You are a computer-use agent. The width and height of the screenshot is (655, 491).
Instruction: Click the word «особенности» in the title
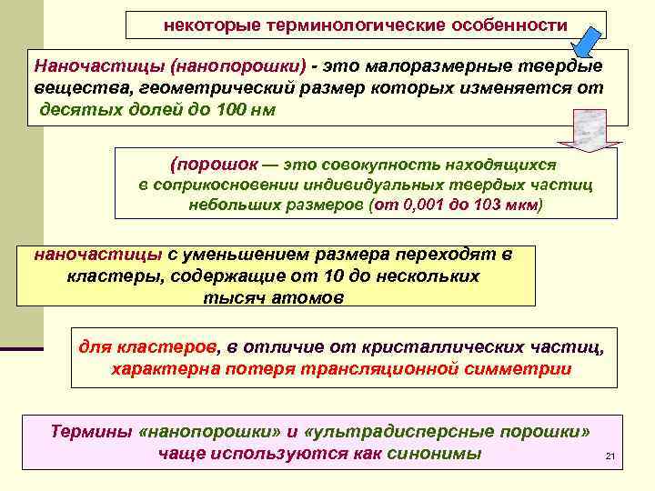pyautogui.click(x=516, y=25)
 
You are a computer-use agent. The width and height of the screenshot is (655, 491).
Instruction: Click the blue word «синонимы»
pyautogui.click(x=434, y=453)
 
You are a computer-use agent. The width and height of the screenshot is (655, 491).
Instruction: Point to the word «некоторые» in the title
pyautogui.click(x=212, y=25)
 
